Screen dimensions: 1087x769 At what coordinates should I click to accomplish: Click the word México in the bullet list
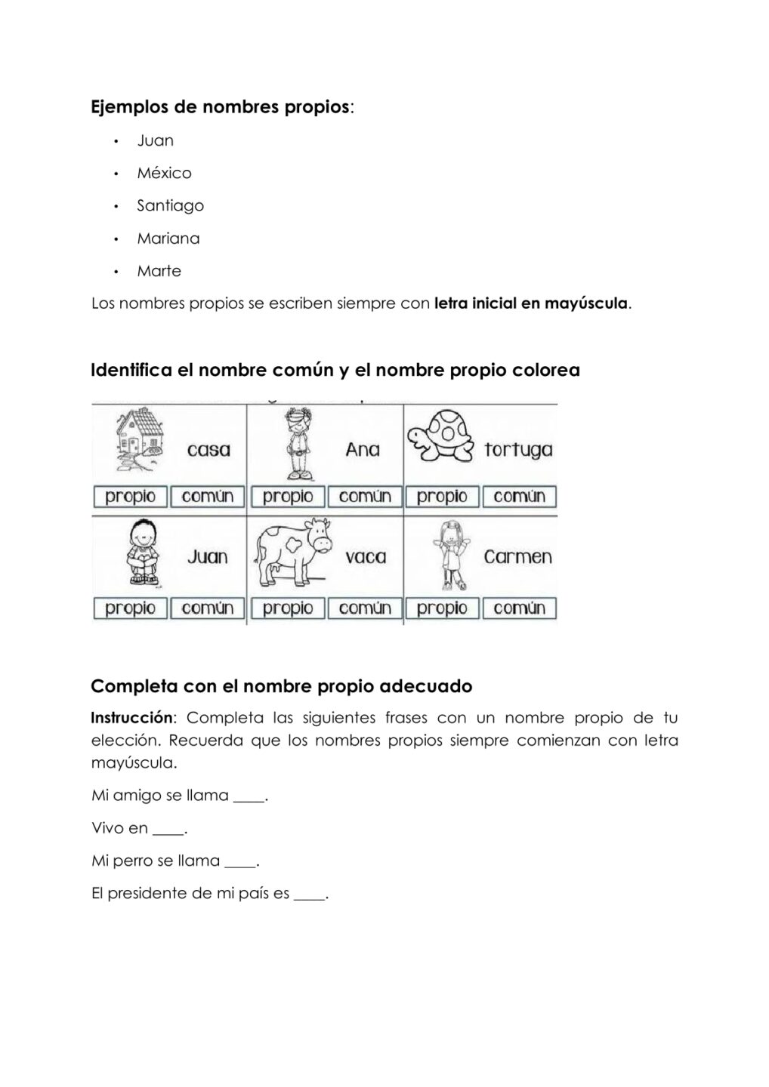coord(164,173)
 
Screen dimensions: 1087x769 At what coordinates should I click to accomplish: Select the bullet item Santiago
coord(170,205)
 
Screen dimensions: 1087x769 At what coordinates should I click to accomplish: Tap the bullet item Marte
coord(159,271)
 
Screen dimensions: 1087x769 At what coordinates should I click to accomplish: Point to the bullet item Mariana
coord(168,239)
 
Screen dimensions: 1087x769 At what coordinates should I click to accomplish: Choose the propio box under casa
coord(131,497)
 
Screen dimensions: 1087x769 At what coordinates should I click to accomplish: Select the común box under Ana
coord(365,497)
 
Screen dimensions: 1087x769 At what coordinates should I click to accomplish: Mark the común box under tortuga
coord(519,497)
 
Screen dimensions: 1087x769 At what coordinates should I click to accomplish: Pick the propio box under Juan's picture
coord(131,608)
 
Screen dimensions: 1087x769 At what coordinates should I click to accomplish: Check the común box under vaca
coord(365,608)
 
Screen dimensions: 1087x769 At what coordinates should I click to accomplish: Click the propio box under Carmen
coord(442,608)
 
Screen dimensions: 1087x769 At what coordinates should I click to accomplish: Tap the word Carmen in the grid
coord(517,557)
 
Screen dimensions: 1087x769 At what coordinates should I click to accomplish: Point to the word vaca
coord(366,557)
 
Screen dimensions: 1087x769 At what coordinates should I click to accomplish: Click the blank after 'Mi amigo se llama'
coord(249,797)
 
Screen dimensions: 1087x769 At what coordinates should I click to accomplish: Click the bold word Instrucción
coord(131,718)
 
